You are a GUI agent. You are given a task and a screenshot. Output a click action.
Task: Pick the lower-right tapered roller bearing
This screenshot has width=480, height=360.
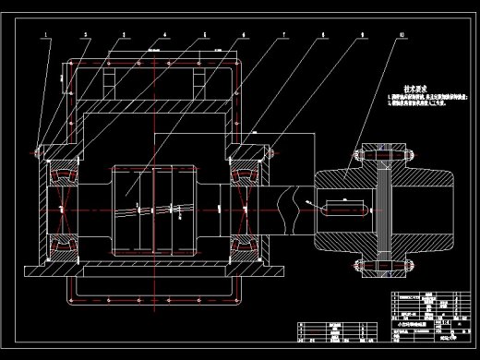tap(246, 243)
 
